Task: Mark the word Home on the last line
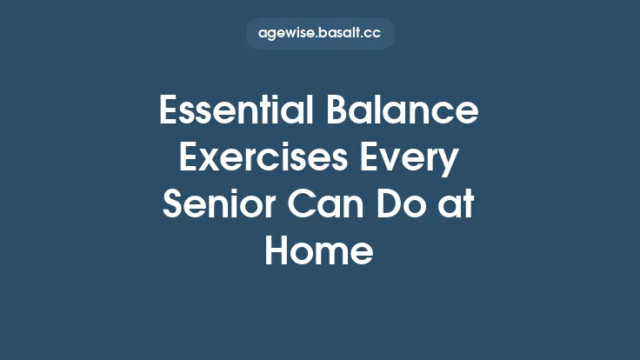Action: click(319, 252)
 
